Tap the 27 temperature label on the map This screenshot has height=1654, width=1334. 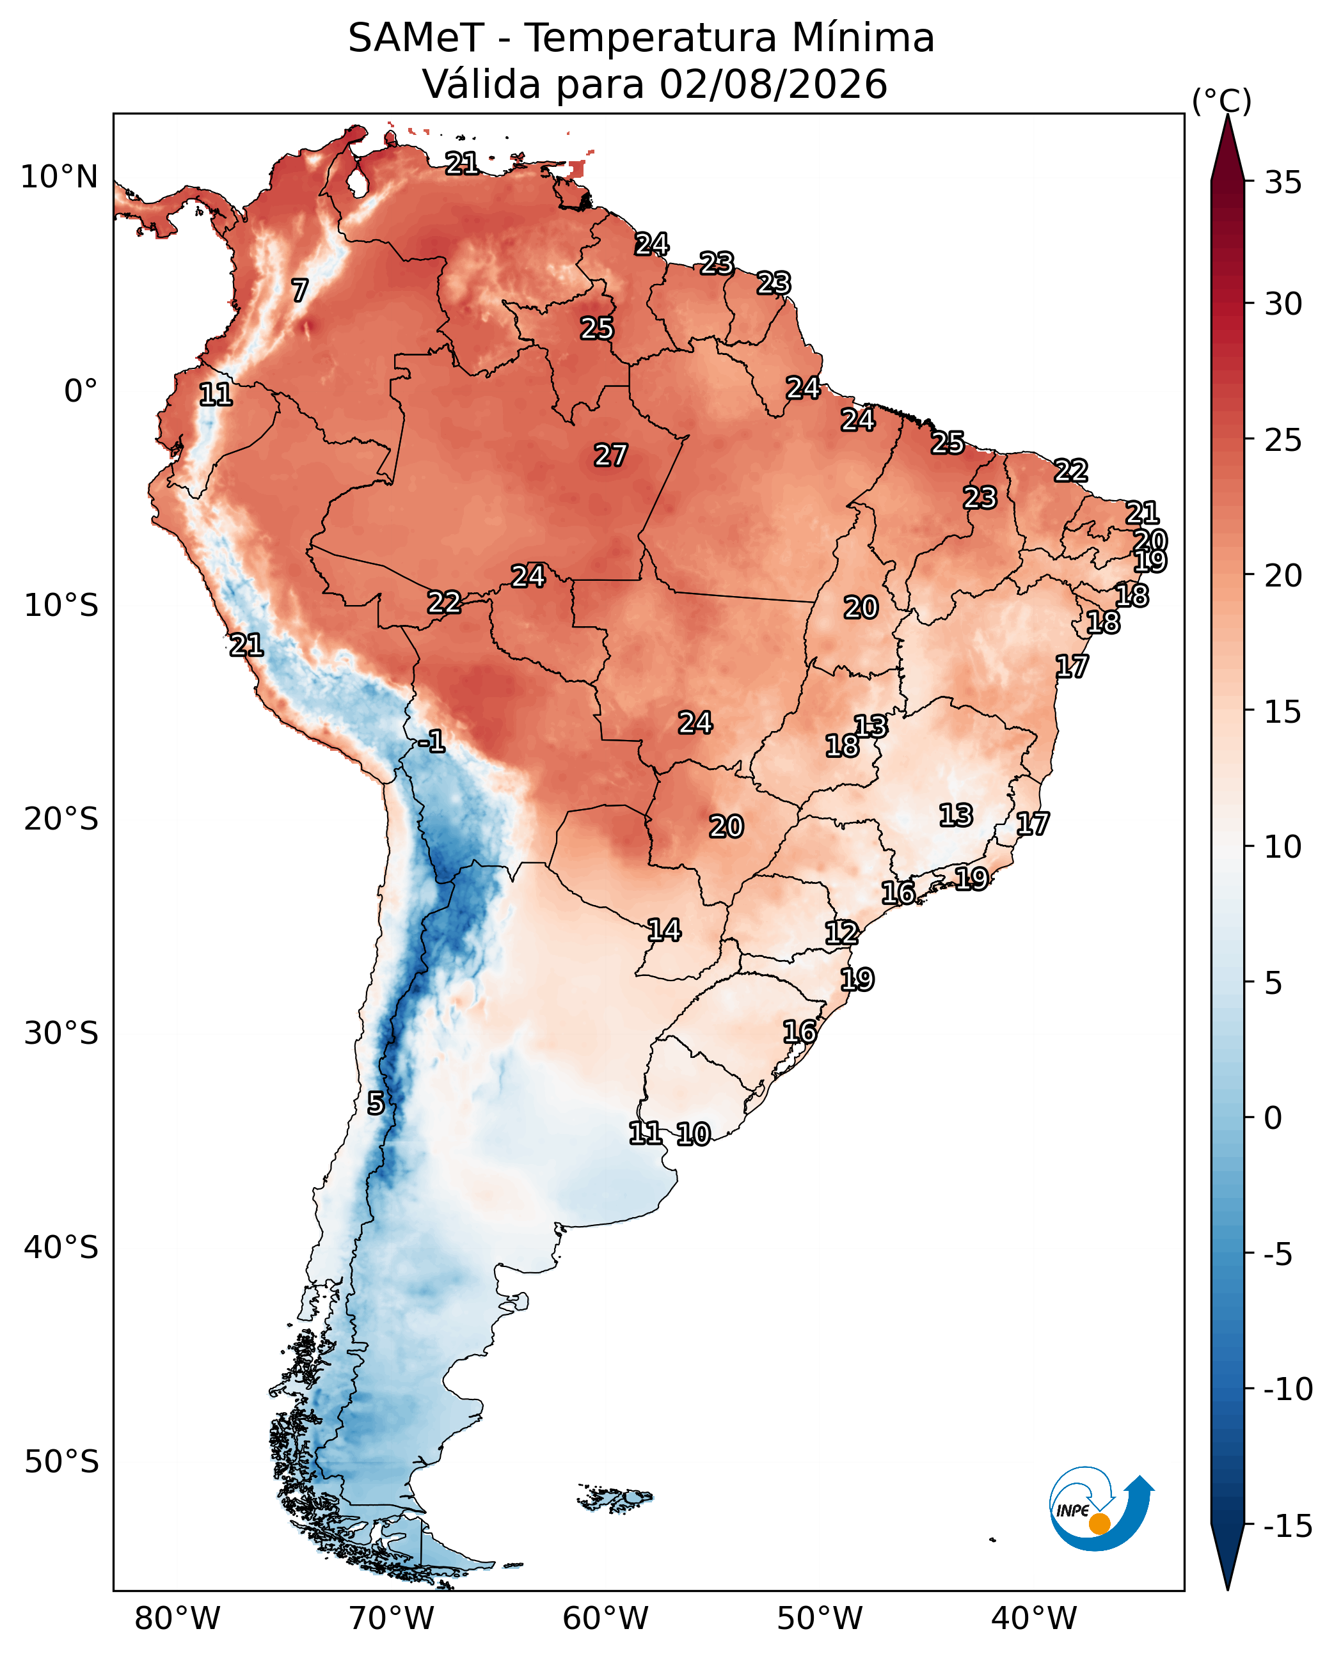pyautogui.click(x=611, y=455)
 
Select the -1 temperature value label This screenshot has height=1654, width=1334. pyautogui.click(x=432, y=741)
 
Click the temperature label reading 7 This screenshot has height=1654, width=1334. pyautogui.click(x=299, y=290)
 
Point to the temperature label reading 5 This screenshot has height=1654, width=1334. pyautogui.click(x=375, y=1103)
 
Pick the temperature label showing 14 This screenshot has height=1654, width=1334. pyautogui.click(x=664, y=931)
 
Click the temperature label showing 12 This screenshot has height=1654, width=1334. pyautogui.click(x=841, y=933)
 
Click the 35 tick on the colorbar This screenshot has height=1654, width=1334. pyautogui.click(x=1283, y=183)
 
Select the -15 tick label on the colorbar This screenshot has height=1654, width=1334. pyautogui.click(x=1288, y=1525)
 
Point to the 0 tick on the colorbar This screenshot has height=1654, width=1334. pyautogui.click(x=1273, y=1119)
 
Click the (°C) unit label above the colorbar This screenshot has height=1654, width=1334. pyautogui.click(x=1222, y=100)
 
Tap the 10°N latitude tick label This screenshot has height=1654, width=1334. pyautogui.click(x=59, y=177)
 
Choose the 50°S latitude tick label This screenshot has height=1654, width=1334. pyautogui.click(x=61, y=1461)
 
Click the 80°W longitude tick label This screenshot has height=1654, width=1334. pyautogui.click(x=177, y=1618)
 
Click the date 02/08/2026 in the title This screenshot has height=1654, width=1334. pyautogui.click(x=773, y=84)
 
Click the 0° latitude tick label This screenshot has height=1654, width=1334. pyautogui.click(x=81, y=391)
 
